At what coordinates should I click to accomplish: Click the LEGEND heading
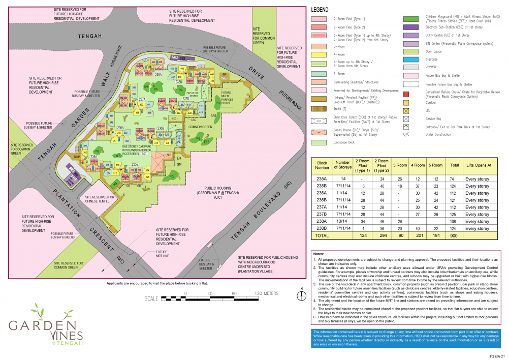(320, 10)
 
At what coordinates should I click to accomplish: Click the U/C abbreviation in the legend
(406, 135)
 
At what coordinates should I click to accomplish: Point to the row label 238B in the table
(323, 228)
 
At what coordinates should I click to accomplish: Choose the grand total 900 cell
(454, 236)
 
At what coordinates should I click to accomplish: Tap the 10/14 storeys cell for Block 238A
(340, 222)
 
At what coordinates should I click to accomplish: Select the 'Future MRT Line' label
(162, 254)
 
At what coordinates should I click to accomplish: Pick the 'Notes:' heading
(319, 254)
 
